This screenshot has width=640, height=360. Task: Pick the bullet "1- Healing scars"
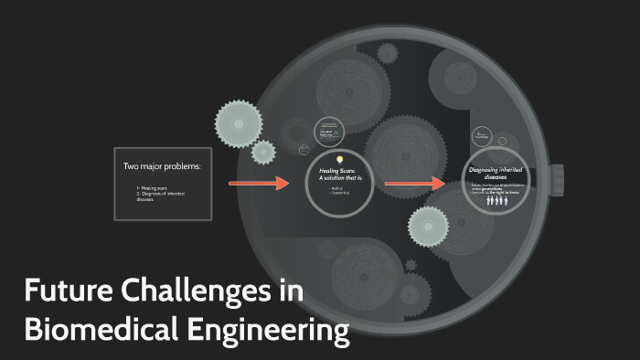[x=152, y=188]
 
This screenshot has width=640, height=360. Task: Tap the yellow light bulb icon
[x=340, y=160]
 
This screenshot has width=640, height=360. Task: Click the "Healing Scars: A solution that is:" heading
[x=340, y=174]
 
